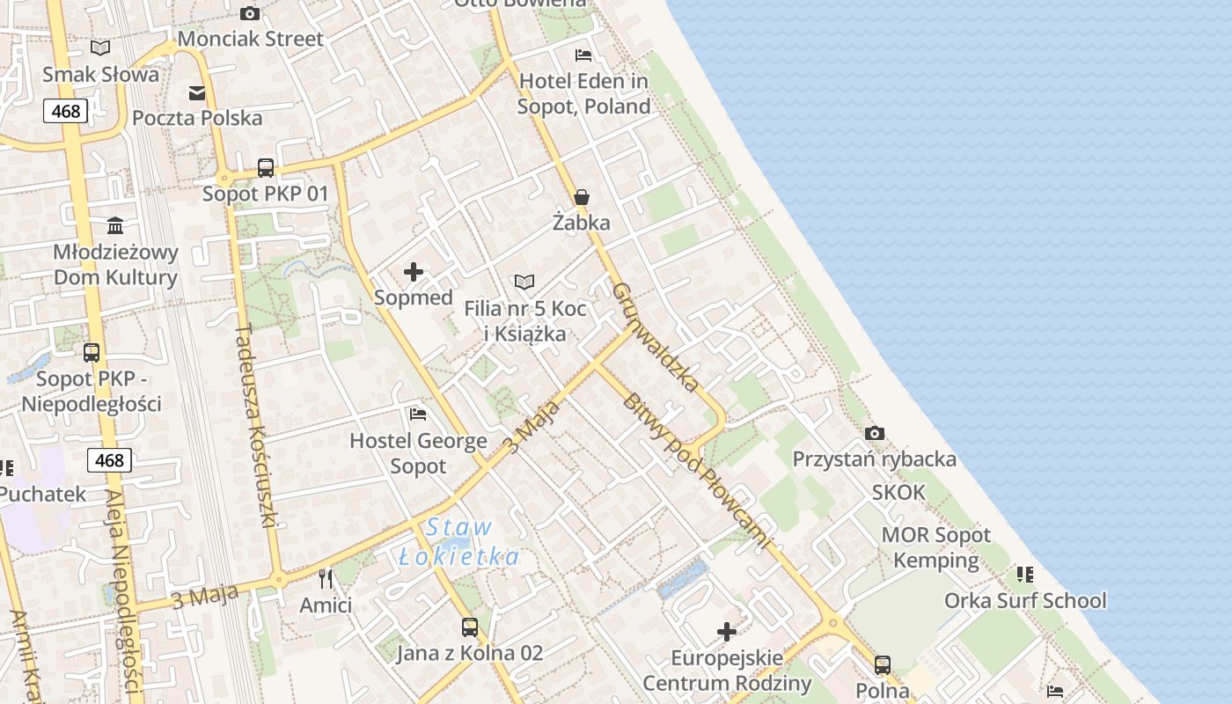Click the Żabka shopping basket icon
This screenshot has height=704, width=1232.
pos(581,197)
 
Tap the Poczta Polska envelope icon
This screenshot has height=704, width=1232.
pos(197,92)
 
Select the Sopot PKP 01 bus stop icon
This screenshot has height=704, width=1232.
pos(265,167)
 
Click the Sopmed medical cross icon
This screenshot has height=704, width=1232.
pos(413,272)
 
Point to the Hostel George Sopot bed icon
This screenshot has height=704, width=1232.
pos(418,414)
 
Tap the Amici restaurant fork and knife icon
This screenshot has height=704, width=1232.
pos(326,578)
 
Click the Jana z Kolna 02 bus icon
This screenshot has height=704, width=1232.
pos(470,627)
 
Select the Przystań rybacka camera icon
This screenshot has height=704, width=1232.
pos(874,433)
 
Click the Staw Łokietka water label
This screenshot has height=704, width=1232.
pos(458,542)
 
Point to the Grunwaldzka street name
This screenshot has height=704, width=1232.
pos(656,337)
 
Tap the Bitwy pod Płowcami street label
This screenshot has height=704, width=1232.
pos(697,472)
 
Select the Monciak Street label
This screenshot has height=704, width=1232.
pos(251,39)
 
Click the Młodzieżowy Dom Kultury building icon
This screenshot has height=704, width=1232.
pos(115,225)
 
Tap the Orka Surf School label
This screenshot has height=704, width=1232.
pos(1025,601)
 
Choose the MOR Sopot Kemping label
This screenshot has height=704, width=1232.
pos(936,547)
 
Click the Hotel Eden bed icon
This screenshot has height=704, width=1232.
pos(583,55)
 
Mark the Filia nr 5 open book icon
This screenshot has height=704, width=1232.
pos(524,282)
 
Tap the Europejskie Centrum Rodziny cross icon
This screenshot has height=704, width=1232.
pos(727,631)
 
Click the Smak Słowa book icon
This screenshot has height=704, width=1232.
pos(101,48)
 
